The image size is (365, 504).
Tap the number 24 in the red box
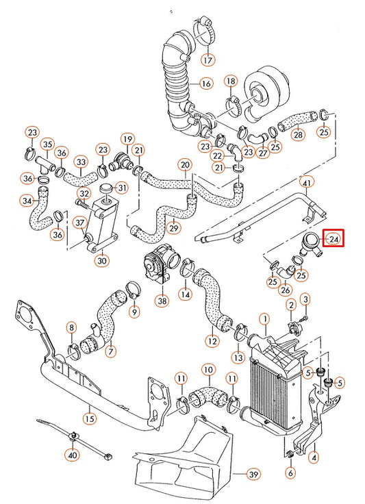[x=334, y=239]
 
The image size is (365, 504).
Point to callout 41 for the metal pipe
[x=307, y=183]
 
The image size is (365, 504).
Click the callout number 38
[x=162, y=299]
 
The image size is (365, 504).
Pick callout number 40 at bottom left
[x=72, y=453]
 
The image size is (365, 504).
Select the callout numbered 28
[x=298, y=135]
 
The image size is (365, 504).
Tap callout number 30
[x=102, y=260]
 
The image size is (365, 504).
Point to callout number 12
[x=212, y=340]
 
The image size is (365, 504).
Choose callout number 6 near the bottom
[x=290, y=473]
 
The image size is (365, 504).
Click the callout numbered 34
[x=27, y=201]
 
